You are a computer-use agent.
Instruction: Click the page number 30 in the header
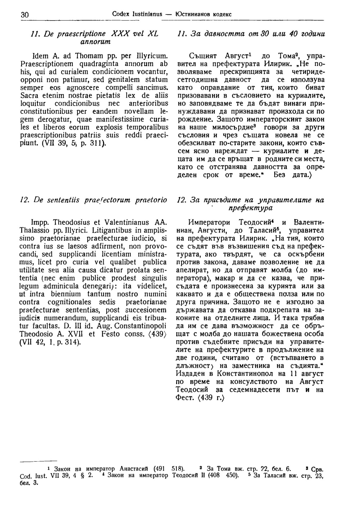tap(25, 15)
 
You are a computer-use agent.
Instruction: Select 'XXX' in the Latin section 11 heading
tap(121, 34)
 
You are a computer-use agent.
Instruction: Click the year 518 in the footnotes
tap(177, 469)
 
